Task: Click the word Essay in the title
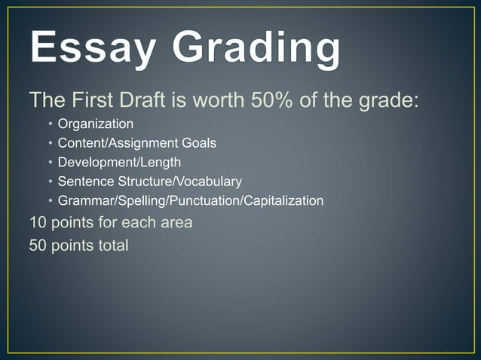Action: pyautogui.click(x=91, y=50)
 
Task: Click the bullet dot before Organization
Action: pyautogui.click(x=50, y=124)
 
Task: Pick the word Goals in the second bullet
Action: pyautogui.click(x=198, y=142)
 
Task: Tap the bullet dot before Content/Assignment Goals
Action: pyautogui.click(x=50, y=143)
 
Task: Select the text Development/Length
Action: pyautogui.click(x=119, y=162)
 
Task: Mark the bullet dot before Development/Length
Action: pyautogui.click(x=50, y=163)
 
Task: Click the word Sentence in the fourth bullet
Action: pyautogui.click(x=83, y=182)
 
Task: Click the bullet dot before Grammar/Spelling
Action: pyautogui.click(x=50, y=202)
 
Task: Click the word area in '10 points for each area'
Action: pyautogui.click(x=176, y=224)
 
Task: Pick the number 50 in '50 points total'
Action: pyautogui.click(x=38, y=246)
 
